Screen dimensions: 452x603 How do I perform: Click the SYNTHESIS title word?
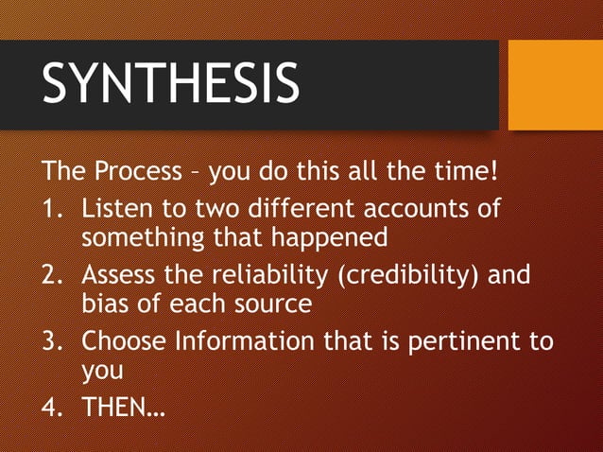(170, 83)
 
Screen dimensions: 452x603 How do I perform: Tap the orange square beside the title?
(555, 85)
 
